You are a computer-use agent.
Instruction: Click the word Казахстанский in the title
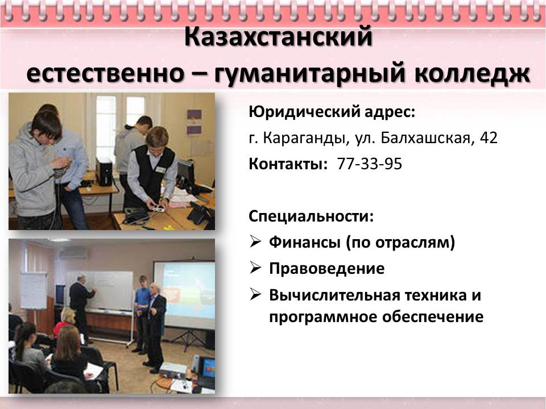pos(278,37)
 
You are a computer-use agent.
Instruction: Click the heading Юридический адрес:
pos(332,112)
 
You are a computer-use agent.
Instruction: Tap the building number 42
pos(489,137)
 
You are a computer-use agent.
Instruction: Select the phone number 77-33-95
pos(369,164)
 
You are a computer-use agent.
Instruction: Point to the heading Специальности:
pos(311,216)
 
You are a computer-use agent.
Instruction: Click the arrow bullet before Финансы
pos(255,241)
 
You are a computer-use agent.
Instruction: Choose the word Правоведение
pos(326,269)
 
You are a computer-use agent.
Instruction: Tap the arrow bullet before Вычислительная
pos(255,295)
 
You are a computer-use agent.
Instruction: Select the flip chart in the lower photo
pos(34,290)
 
